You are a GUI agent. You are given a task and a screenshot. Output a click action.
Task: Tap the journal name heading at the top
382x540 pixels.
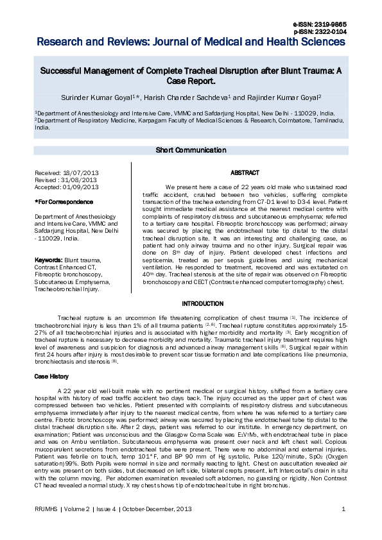coord(191,42)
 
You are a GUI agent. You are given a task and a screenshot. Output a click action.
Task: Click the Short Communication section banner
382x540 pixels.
coord(191,150)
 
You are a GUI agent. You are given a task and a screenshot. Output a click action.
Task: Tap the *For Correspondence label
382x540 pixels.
coord(58,202)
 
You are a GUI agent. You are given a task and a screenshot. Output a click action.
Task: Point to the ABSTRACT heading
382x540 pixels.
coord(244,173)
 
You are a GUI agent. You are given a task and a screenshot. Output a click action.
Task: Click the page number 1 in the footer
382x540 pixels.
coord(344,509)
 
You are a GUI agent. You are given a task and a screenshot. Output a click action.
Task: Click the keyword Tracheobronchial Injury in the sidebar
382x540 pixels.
coord(66,289)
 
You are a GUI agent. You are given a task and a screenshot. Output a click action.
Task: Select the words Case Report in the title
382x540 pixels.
coord(189,82)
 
